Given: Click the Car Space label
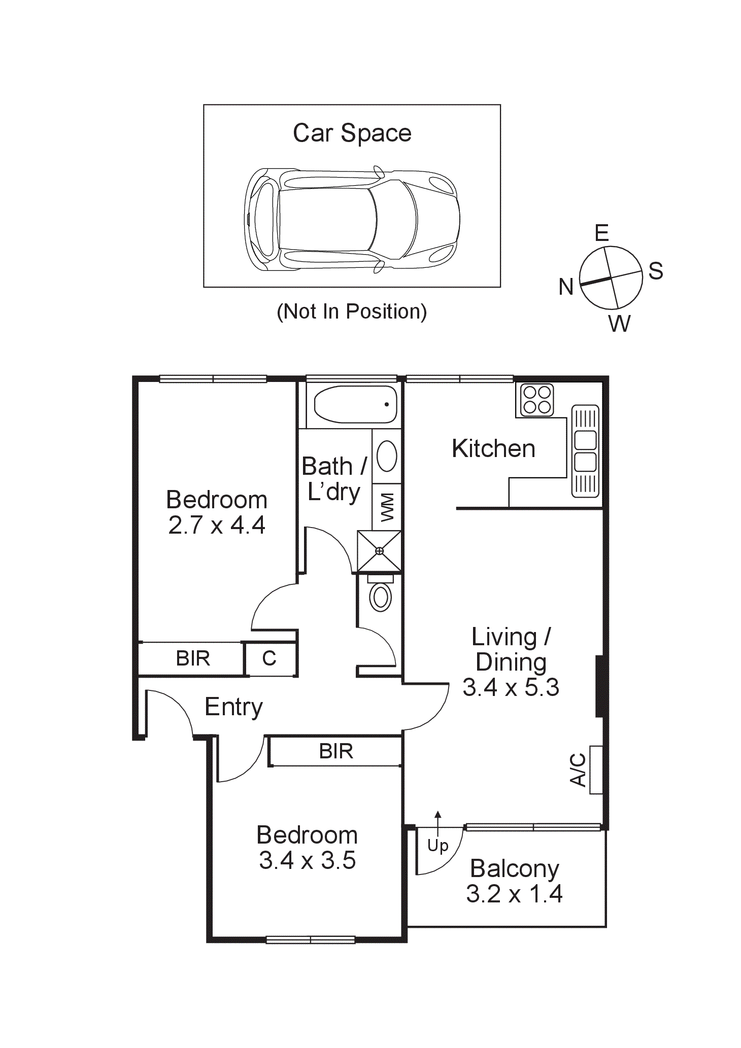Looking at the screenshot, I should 352,133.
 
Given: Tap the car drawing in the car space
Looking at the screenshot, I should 352,219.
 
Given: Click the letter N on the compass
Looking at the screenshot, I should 566,287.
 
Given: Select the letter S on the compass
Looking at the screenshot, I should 656,271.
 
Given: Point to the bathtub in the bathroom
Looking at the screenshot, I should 355,405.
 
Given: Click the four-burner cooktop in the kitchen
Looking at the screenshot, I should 537,400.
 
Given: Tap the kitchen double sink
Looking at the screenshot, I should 585,451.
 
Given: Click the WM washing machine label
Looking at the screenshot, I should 387,507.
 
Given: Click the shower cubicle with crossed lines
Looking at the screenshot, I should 379,551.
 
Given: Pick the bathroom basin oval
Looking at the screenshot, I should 387,456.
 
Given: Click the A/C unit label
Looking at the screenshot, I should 578,770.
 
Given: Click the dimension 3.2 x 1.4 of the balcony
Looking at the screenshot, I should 514,894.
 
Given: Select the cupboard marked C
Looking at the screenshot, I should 270,658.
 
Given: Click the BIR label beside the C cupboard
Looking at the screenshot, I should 193,658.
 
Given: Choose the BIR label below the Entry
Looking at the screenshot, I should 336,751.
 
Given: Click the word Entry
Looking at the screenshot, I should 233,707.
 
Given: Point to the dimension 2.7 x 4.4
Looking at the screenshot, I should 217,525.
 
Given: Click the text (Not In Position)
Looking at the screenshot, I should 352,311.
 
